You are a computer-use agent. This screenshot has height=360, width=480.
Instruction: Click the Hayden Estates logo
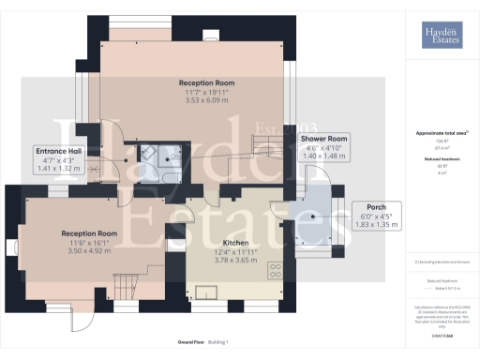441,37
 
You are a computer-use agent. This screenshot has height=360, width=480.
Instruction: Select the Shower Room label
323,139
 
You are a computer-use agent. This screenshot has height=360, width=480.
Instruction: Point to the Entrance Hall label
59,151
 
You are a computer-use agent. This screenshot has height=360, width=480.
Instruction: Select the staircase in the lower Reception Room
124,281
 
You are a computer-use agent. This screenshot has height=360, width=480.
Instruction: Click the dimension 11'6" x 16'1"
89,244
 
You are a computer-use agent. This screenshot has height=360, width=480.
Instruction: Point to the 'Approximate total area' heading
440,133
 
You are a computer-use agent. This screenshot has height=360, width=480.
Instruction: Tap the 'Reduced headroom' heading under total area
440,160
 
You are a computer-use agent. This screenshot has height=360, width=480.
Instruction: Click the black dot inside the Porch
314,217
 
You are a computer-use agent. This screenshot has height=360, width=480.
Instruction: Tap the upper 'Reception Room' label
206,82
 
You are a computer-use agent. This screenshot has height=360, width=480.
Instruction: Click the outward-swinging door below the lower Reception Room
82,322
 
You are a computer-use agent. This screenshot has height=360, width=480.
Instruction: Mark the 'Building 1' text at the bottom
217,341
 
